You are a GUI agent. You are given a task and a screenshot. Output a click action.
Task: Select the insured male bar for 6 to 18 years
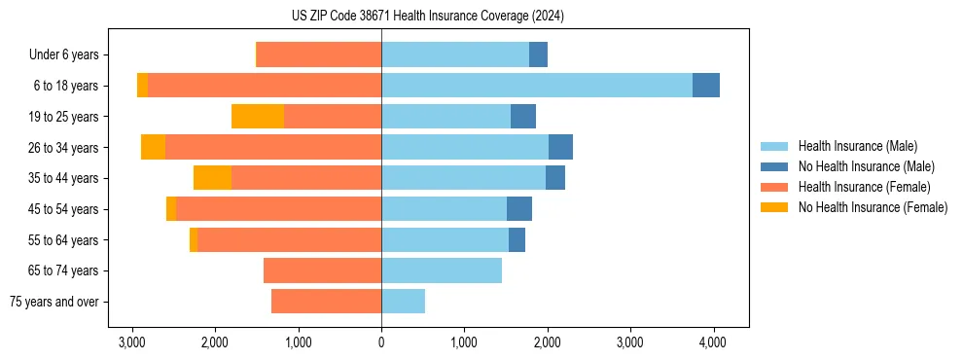[537, 86]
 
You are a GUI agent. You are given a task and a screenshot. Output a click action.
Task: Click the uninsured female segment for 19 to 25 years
[258, 117]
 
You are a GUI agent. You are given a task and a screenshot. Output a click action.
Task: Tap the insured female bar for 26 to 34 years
[273, 147]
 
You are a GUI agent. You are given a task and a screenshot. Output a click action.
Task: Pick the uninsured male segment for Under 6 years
[538, 55]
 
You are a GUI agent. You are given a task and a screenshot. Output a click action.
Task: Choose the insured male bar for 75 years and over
[403, 302]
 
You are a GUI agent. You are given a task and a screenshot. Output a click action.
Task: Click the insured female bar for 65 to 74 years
[322, 270]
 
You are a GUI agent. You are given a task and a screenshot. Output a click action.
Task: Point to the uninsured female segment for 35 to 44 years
[212, 178]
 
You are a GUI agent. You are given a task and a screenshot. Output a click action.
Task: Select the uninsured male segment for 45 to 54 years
[519, 209]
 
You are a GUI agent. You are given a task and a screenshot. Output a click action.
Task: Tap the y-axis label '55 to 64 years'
[65, 240]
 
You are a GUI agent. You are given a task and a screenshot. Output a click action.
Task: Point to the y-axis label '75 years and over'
[54, 302]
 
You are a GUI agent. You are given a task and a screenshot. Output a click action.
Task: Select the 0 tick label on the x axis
[381, 342]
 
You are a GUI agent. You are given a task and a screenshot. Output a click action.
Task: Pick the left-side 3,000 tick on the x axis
[131, 342]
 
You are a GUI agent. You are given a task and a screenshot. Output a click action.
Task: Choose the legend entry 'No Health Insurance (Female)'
[873, 207]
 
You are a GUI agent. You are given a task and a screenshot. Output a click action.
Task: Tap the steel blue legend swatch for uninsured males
[775, 166]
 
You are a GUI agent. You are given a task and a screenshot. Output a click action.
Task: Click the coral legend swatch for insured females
[775, 187]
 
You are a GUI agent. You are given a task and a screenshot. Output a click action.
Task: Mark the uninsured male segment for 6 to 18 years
[706, 86]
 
